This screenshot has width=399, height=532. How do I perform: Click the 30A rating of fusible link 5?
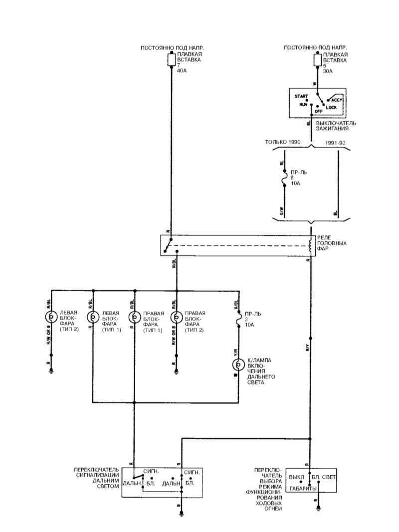[328, 71]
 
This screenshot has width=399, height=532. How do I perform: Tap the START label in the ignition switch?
[301, 96]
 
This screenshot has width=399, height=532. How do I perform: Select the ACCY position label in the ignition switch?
[336, 100]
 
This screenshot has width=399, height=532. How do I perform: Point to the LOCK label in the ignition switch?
[332, 107]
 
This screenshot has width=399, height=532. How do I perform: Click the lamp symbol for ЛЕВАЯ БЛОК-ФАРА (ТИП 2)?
[51, 317]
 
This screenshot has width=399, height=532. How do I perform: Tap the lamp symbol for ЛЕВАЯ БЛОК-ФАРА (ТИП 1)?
[93, 317]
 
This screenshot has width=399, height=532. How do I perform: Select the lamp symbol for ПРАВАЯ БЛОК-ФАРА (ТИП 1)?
[134, 317]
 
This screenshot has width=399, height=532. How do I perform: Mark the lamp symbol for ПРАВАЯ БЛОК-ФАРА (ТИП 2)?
[176, 317]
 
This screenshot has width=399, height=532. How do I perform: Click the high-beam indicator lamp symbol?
[238, 365]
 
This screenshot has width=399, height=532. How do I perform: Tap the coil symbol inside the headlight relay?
[310, 245]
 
